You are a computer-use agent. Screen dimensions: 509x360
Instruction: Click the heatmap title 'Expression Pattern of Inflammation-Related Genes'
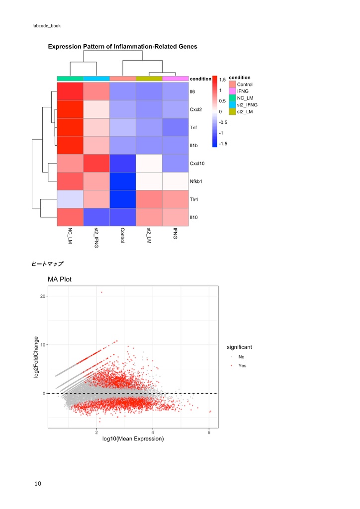[x=122, y=47]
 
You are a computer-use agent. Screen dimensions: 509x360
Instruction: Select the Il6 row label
[x=192, y=92]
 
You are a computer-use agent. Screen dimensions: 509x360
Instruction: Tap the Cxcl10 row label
[x=197, y=164]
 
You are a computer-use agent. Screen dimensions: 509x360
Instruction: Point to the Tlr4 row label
[x=193, y=199]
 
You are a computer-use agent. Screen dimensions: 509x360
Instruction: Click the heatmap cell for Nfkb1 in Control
[x=122, y=181]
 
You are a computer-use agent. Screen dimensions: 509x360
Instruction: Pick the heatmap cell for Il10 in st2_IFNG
[x=96, y=217]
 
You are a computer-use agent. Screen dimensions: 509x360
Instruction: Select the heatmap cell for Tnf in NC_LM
[x=70, y=128]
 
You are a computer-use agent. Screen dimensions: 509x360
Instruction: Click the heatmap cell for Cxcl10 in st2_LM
[x=149, y=164]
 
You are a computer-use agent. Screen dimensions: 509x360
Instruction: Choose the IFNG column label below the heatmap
[x=175, y=233]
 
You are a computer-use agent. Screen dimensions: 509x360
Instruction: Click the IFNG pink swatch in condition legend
[x=232, y=91]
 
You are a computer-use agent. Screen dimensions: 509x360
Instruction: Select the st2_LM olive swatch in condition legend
[x=232, y=112]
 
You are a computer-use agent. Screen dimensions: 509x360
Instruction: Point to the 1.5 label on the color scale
[x=223, y=80]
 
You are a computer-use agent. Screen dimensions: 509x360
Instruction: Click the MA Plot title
[x=60, y=279]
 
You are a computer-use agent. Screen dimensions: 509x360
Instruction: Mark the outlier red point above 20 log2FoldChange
[x=102, y=292]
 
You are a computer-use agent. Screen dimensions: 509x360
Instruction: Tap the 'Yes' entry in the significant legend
[x=242, y=366]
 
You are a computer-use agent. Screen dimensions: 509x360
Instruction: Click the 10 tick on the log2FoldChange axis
[x=43, y=345]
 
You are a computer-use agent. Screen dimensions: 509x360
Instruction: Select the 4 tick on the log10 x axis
[x=153, y=432]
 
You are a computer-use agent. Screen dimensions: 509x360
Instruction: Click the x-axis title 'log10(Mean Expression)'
[x=133, y=439]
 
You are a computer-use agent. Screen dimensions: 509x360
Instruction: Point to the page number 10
[x=38, y=483]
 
